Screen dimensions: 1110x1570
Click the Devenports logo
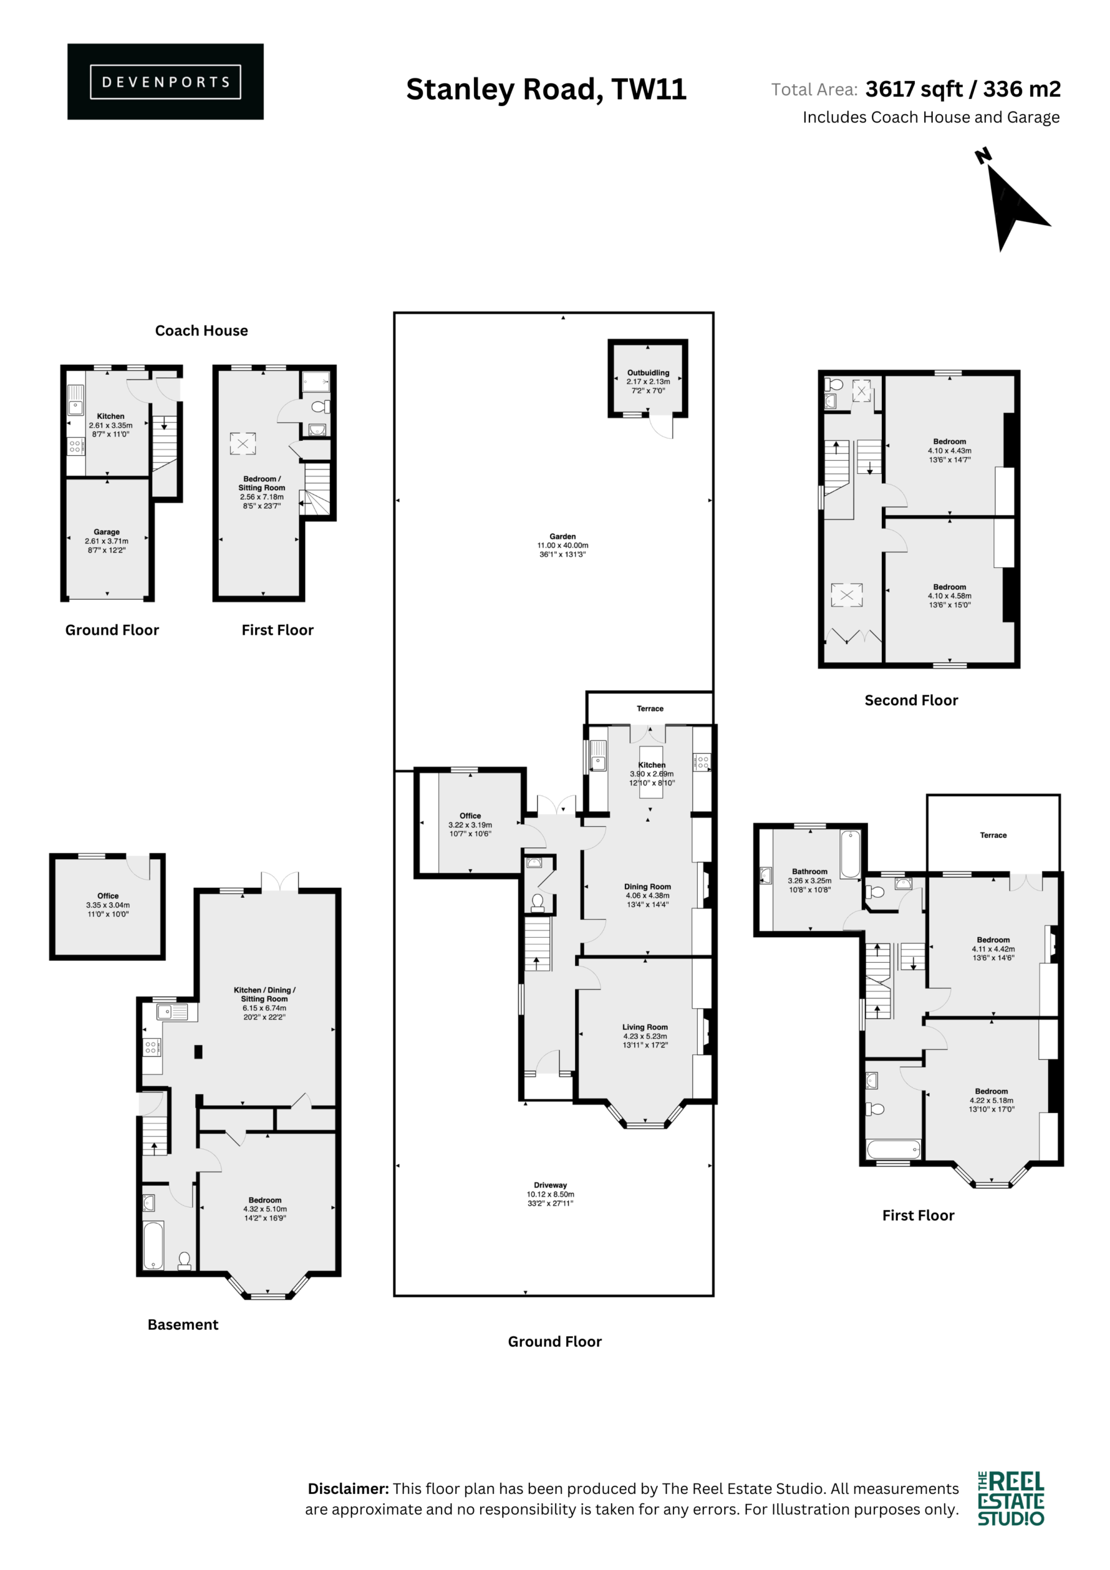pos(165,82)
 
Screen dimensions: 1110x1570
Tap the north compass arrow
pos(1014,205)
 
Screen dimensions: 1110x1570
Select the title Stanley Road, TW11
pos(546,89)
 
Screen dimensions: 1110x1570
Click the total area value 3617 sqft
pos(914,89)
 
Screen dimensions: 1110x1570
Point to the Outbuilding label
pos(648,373)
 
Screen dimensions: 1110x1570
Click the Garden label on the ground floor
pos(562,536)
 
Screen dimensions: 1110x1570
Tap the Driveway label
pos(551,1185)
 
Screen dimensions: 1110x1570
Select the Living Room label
pos(645,1027)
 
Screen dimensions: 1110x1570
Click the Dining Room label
pos(647,886)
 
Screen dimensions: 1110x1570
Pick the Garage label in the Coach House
pos(107,531)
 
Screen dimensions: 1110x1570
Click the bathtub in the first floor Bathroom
pos(850,853)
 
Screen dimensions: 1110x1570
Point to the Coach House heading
pos(202,331)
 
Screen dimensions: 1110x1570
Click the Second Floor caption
pos(911,700)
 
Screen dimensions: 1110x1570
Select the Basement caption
pos(183,1325)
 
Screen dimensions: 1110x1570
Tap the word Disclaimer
pos(348,1488)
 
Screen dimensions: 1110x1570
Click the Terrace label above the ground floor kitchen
pos(649,708)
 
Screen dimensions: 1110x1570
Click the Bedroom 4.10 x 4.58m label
pos(949,595)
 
